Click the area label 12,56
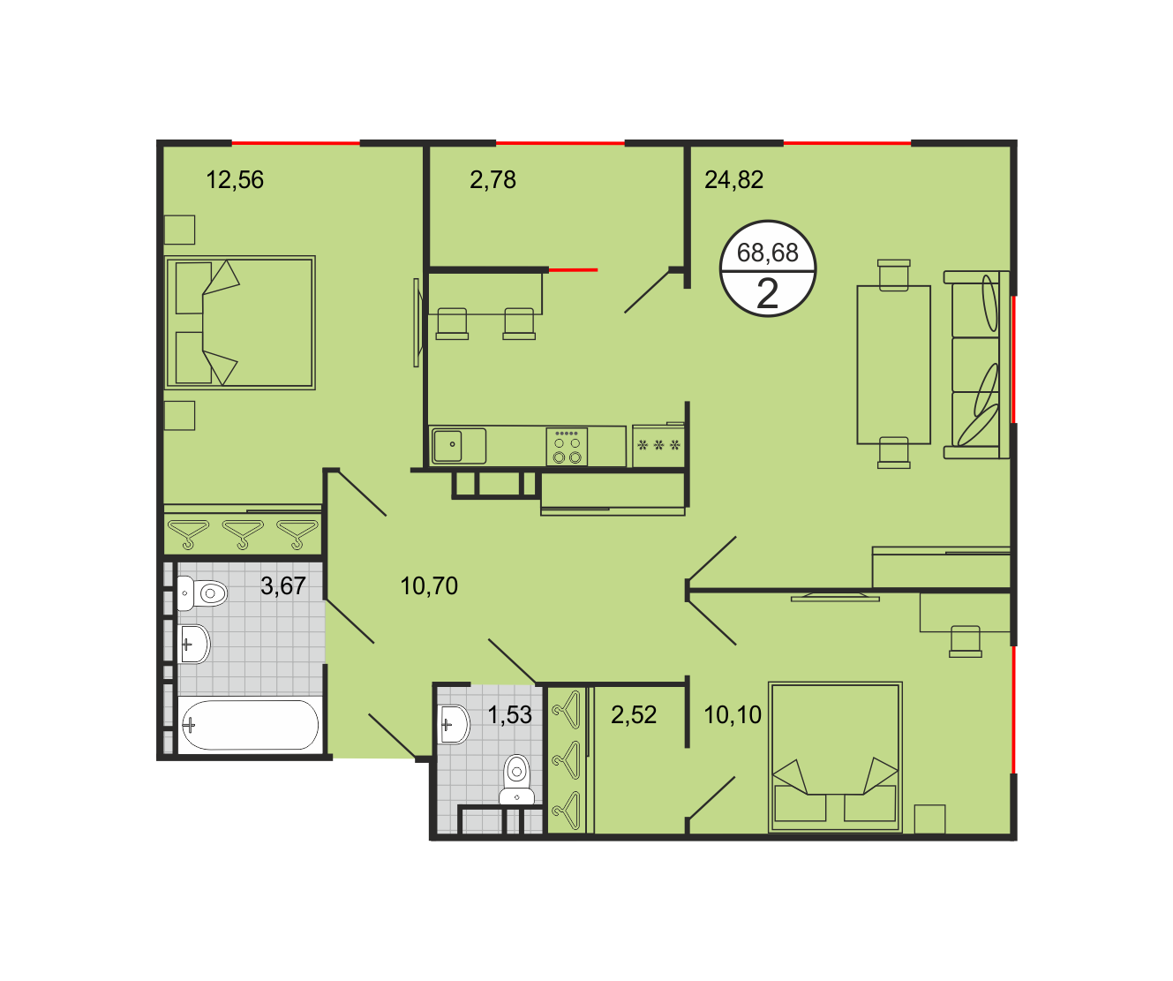coord(235,180)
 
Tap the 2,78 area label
coord(493,180)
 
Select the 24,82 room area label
coord(733,180)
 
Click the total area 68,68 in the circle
coord(767,253)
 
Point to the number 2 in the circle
coord(767,293)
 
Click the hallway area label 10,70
coord(429,586)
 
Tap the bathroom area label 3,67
coord(283,585)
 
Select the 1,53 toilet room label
coord(509,715)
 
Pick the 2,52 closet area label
coord(634,715)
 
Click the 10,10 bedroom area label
coord(733,715)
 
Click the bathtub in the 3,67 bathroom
coord(250,725)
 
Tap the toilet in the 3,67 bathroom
coord(202,593)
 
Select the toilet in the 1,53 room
coord(517,780)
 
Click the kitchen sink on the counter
coord(458,446)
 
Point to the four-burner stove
coord(567,447)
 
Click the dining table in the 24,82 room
coord(893,365)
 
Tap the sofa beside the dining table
coord(976,365)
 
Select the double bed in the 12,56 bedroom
coord(240,322)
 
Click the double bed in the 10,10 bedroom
coord(835,758)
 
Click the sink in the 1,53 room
coord(454,725)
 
